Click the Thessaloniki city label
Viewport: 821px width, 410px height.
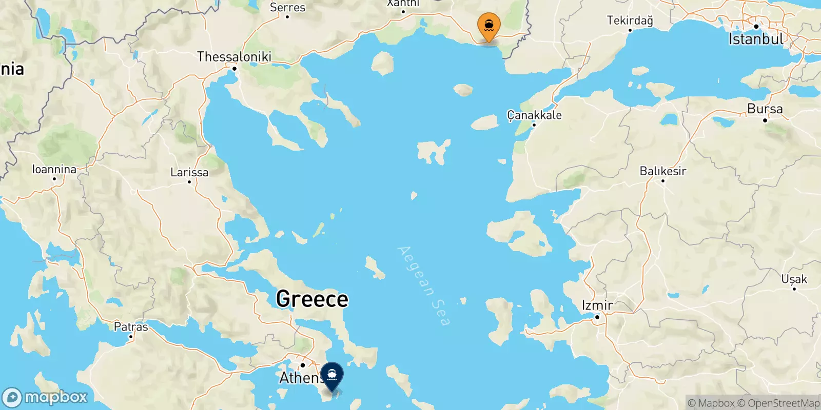coord(234,56)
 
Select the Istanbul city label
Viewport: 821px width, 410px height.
coord(756,39)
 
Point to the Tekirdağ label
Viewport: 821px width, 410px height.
coord(630,20)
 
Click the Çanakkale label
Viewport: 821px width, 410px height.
coord(534,115)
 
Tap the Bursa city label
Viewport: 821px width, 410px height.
coord(765,109)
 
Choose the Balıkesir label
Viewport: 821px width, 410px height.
coord(662,171)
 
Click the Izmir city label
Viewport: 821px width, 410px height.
coord(597,305)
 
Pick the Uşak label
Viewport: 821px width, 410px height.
coord(794,279)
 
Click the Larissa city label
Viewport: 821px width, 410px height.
coord(189,172)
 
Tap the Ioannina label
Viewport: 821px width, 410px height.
coord(54,169)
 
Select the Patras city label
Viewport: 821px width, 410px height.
coord(131,326)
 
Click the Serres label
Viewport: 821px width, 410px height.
coord(287,7)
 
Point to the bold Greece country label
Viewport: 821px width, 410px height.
coord(312,299)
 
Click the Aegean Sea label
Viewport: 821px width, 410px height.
coord(424,285)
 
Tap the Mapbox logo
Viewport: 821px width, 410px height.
coord(45,397)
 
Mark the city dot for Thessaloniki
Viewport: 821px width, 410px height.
coord(234,68)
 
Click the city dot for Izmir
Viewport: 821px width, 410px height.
coord(597,317)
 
